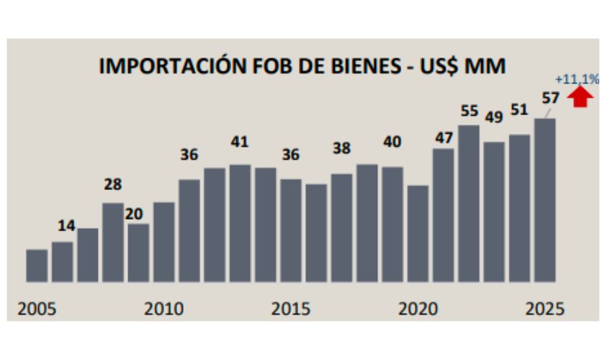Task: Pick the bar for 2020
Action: click(418, 233)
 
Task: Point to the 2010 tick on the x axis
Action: click(163, 309)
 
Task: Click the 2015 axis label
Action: click(290, 309)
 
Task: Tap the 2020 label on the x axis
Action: click(418, 309)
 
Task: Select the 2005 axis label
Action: click(37, 309)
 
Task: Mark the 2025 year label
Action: click(544, 309)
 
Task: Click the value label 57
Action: click(551, 98)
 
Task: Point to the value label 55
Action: click(469, 111)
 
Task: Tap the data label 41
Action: click(240, 142)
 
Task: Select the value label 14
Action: click(66, 226)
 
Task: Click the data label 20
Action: click(133, 215)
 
